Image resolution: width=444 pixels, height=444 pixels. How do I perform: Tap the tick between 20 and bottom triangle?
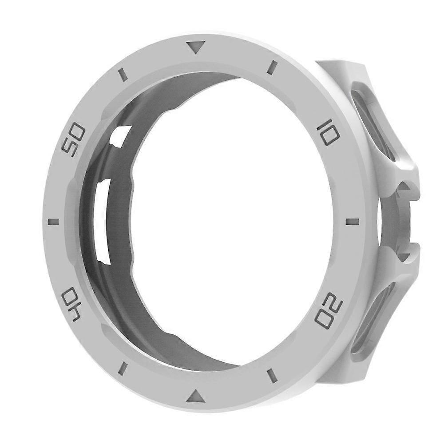point(272,376)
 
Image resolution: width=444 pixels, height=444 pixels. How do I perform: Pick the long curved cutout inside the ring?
point(103,218)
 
